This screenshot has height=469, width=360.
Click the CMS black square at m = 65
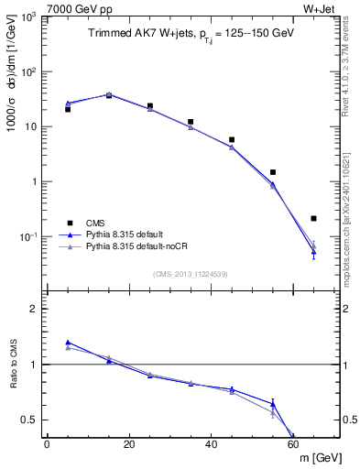tap(313, 218)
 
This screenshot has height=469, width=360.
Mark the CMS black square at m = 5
tap(68, 109)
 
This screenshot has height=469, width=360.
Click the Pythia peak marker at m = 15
tap(109, 94)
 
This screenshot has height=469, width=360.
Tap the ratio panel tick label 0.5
tap(33, 420)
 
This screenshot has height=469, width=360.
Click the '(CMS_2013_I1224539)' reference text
tap(191, 273)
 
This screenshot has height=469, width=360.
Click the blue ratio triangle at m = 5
tap(68, 342)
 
